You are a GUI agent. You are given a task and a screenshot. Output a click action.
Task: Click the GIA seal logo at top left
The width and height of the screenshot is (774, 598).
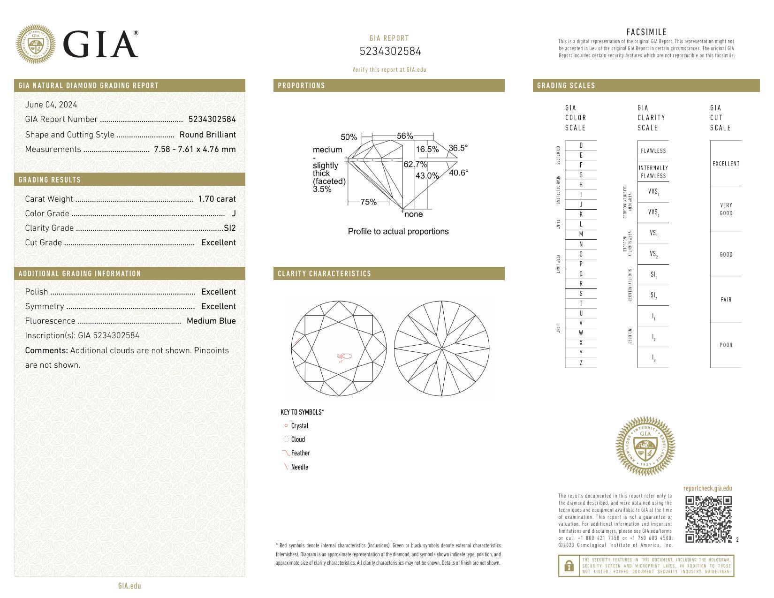click(36, 44)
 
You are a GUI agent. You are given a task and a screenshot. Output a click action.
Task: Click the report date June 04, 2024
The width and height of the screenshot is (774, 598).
click(51, 105)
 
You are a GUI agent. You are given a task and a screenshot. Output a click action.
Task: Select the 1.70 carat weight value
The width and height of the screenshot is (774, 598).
click(217, 199)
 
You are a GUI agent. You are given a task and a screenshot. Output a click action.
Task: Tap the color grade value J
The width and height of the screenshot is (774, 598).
click(234, 213)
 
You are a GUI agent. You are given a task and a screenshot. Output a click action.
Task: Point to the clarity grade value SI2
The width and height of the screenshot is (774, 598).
click(230, 228)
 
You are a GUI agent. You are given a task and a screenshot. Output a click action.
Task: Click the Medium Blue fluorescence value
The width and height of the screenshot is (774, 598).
click(211, 321)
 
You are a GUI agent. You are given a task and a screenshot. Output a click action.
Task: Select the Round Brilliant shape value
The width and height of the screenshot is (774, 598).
click(207, 135)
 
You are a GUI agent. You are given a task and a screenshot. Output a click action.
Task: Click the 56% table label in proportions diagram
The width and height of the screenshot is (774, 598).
click(404, 136)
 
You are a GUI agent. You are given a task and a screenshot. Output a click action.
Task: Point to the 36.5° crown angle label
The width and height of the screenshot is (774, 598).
click(458, 148)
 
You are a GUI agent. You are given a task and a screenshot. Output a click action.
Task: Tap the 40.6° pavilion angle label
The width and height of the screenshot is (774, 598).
click(458, 173)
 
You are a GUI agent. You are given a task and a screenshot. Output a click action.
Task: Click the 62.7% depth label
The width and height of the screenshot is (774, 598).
click(415, 165)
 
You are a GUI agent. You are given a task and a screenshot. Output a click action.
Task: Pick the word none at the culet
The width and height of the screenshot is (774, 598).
click(413, 214)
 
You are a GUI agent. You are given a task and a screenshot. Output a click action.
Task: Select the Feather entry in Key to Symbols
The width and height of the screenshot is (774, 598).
click(300, 453)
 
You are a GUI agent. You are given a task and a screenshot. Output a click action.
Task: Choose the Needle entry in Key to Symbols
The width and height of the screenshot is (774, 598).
click(299, 467)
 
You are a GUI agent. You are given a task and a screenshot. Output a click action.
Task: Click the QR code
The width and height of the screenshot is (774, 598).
click(708, 519)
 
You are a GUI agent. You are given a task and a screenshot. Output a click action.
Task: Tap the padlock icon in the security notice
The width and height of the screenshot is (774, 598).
click(569, 566)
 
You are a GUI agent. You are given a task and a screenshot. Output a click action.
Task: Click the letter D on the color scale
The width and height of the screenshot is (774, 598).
click(581, 145)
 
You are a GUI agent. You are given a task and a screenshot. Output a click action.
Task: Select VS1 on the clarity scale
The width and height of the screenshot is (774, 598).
click(653, 234)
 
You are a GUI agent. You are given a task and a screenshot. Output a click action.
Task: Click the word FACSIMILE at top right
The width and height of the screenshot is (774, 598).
click(646, 32)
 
